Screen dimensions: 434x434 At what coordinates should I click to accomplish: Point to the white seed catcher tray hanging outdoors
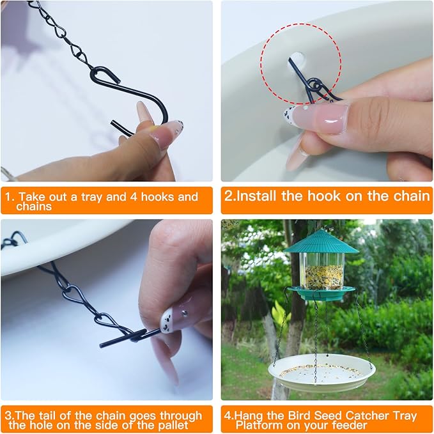point(321,371)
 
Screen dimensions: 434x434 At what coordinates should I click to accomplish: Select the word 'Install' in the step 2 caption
point(259,196)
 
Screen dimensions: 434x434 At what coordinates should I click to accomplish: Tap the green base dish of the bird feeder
point(321,293)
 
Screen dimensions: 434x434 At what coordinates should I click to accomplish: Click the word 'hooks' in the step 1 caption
point(159,197)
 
